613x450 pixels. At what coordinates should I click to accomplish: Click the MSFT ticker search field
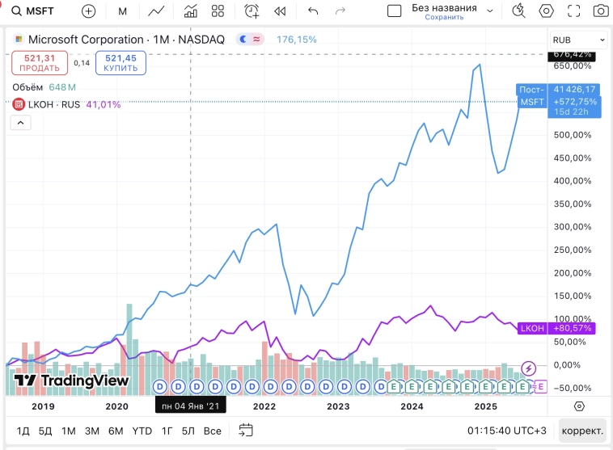pos(37,11)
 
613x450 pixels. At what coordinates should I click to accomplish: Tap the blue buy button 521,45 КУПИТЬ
pos(120,63)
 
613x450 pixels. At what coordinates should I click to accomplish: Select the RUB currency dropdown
pos(578,40)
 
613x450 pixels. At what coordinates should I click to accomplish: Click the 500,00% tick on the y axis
pos(571,135)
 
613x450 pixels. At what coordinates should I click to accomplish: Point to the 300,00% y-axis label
pos(571,227)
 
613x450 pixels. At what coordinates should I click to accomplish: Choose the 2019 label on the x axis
pos(42,406)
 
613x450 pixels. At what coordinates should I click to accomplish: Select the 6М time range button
pos(116,430)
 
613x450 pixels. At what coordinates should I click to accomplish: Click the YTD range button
pos(142,430)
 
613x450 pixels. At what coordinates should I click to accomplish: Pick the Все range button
pos(212,430)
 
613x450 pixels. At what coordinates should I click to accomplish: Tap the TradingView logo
pos(71,381)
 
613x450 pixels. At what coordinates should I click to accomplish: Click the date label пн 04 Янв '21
pos(190,406)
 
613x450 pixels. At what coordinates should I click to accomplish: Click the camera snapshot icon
pos(600,11)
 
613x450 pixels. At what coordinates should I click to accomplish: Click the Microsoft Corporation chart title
pos(85,40)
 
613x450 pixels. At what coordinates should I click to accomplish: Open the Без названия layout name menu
pos(445,11)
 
